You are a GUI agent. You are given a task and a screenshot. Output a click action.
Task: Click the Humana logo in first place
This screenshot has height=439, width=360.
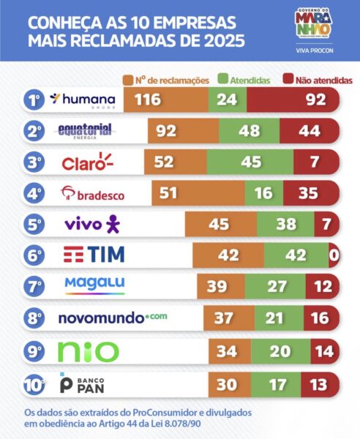pos(83,100)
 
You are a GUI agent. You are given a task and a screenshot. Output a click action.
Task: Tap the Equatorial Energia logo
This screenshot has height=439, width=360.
pos(85,131)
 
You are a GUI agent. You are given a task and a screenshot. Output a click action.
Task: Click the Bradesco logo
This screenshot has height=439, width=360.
pos(92,193)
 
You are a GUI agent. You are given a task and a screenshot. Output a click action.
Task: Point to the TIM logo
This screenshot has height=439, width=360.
pos(94,255)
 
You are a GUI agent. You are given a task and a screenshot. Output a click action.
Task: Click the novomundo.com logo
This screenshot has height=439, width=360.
pos(104,318)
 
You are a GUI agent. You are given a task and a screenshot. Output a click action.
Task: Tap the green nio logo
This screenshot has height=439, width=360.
pos(89,350)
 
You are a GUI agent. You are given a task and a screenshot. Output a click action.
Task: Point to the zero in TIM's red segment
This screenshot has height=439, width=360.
pos(334,255)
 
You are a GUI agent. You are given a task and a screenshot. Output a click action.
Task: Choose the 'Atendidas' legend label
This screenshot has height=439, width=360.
pos(250,79)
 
